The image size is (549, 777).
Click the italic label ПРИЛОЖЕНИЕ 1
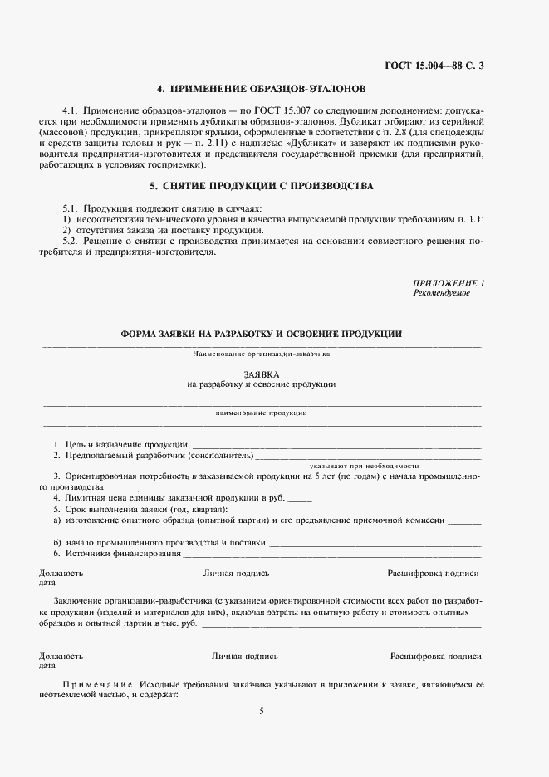tap(448, 284)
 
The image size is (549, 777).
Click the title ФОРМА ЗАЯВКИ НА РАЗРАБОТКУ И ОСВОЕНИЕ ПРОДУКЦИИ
tap(262, 334)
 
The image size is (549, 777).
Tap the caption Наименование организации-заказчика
tap(262, 354)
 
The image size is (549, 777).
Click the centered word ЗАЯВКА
tap(262, 374)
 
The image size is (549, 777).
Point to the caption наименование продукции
tap(262, 413)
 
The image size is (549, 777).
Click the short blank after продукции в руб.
tap(300, 500)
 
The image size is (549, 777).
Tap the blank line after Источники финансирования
tap(332, 555)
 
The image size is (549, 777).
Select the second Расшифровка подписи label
tap(436, 656)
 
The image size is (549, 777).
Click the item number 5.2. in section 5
tap(73, 240)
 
